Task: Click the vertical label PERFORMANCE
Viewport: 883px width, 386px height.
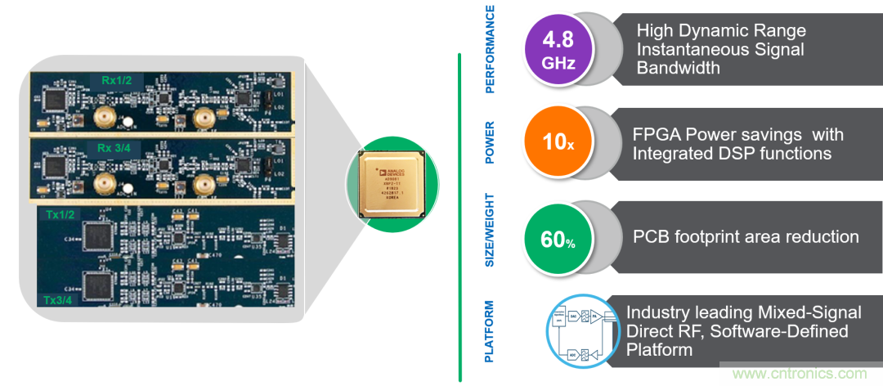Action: tap(491, 49)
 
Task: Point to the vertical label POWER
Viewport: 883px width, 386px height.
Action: tap(491, 144)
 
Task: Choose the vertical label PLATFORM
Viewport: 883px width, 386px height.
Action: tap(491, 331)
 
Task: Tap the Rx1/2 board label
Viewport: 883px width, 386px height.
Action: tap(119, 79)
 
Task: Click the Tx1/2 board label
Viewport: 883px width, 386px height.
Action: tap(57, 214)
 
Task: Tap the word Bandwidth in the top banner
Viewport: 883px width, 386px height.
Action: tap(678, 69)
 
